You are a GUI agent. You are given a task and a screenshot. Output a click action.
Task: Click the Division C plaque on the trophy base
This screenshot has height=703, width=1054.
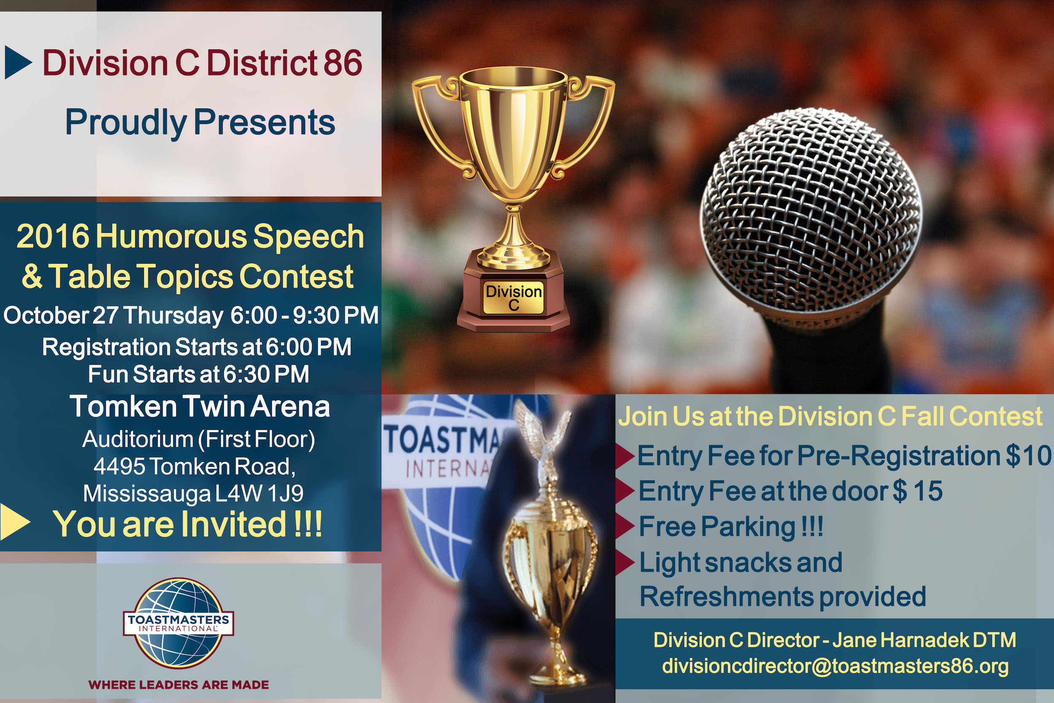pyautogui.click(x=513, y=297)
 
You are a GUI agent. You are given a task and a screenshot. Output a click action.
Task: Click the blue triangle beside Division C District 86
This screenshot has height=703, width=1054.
pyautogui.click(x=19, y=62)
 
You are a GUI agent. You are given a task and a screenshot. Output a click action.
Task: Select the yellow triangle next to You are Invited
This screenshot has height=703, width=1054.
pyautogui.click(x=15, y=521)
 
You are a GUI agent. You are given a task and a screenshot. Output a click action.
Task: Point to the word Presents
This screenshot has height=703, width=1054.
pyautogui.click(x=264, y=122)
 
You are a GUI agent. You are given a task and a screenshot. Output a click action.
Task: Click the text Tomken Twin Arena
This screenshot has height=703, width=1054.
pyautogui.click(x=200, y=407)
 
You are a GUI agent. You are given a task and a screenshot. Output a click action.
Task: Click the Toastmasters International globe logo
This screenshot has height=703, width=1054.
pyautogui.click(x=178, y=622)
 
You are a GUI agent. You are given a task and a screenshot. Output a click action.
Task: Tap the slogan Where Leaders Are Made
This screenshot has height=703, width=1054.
pyautogui.click(x=179, y=684)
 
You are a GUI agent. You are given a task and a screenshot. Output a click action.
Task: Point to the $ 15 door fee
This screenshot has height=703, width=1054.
pyautogui.click(x=918, y=491)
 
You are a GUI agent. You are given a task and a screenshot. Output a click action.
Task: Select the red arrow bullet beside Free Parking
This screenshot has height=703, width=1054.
pyautogui.click(x=625, y=526)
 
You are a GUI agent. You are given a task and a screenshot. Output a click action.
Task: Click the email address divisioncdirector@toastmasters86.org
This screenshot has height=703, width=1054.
pyautogui.click(x=835, y=666)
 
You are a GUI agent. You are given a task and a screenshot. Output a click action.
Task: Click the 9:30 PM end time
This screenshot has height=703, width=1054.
pyautogui.click(x=336, y=315)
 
